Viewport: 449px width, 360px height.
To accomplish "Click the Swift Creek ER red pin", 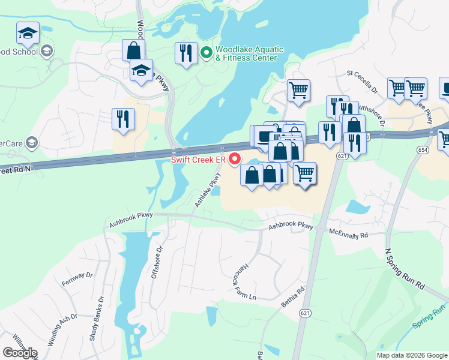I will [x=235, y=159].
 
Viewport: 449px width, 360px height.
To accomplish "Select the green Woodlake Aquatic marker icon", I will [x=206, y=53].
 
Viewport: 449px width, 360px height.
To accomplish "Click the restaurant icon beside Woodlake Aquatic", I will [x=186, y=53].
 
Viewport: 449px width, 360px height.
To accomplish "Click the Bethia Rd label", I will [x=293, y=298].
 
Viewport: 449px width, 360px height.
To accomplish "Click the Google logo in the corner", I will [x=20, y=353].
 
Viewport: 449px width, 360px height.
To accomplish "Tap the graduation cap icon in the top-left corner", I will [x=28, y=33].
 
